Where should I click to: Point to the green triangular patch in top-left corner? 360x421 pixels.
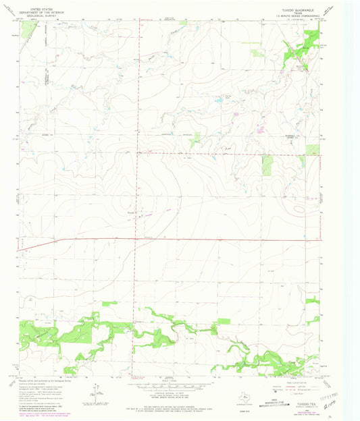(27, 28)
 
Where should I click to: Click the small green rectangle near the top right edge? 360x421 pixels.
(256, 51)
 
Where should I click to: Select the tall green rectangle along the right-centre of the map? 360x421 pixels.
(267, 165)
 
